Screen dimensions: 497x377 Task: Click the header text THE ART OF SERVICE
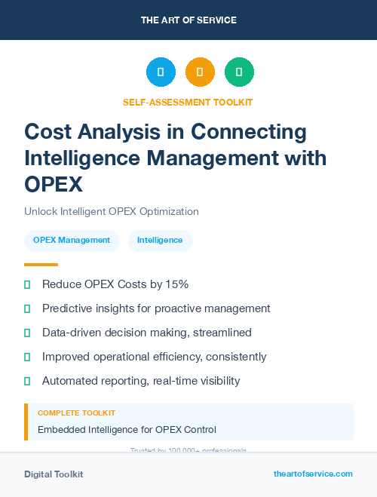[188, 20]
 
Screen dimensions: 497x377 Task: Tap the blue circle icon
[161, 72]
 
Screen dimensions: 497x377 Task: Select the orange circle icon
[200, 72]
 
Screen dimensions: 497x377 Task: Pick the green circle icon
[239, 72]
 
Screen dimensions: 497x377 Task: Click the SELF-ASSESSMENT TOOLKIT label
[188, 102]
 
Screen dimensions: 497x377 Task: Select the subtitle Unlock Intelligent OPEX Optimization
[111, 212]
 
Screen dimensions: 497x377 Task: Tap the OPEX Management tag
[72, 241]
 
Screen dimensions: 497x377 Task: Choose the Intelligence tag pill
[160, 241]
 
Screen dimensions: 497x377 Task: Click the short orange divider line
[41, 265]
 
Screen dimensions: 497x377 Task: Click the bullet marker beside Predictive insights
[27, 308]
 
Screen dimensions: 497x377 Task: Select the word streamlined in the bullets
[223, 333]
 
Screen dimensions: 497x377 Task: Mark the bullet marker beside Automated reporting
[27, 381]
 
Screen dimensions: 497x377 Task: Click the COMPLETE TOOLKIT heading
[77, 413]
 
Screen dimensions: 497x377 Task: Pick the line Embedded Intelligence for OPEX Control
[127, 430]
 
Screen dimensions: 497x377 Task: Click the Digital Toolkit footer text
[54, 474]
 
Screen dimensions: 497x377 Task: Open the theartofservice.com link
[313, 474]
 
